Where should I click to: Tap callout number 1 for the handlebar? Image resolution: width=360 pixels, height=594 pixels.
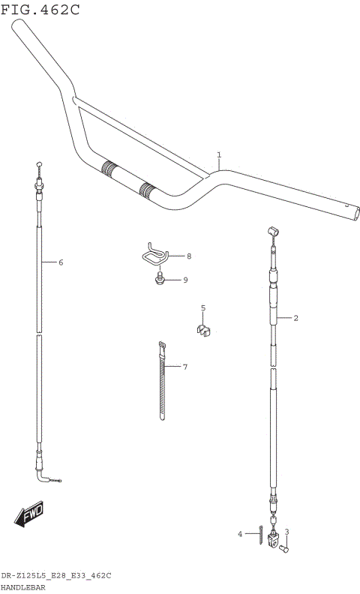[219, 155]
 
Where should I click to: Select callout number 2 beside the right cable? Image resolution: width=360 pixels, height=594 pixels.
[296, 318]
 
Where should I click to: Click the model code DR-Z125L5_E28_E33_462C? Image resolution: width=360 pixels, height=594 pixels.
[56, 575]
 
